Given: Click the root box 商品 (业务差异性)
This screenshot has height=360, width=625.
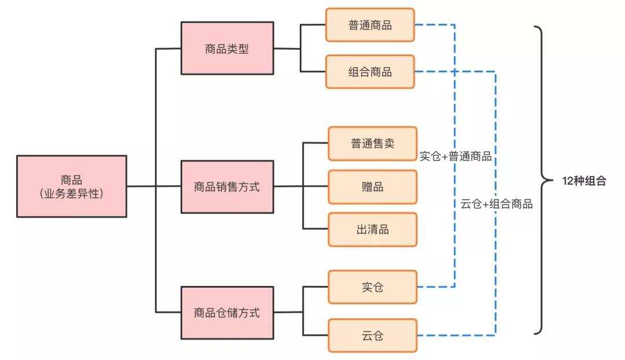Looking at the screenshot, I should pos(72,186).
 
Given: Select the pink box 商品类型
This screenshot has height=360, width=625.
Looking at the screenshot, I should pos(227,49).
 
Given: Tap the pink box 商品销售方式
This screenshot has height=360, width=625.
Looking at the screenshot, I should pos(227,187).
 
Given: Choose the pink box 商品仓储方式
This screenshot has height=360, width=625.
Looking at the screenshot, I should pos(227,313).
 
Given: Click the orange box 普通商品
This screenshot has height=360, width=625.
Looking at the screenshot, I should pos(370,25).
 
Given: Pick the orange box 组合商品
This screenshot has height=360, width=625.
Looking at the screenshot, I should pos(370,72).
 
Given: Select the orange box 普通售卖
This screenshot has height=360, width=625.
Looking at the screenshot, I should pos(373,144).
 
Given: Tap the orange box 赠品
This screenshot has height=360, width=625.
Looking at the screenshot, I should pos(373,187).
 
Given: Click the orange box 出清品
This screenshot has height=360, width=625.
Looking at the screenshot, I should pos(373,230).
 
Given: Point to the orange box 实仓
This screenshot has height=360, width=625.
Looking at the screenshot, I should pos(373,287).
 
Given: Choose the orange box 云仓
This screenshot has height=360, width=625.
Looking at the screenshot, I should pos(373,335).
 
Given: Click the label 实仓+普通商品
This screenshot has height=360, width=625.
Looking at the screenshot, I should pos(455,156).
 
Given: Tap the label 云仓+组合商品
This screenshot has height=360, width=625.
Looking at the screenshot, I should pos(497,204).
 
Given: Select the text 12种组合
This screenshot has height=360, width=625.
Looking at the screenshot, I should pos(584,181).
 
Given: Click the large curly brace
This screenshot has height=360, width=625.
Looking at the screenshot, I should pos(542,180).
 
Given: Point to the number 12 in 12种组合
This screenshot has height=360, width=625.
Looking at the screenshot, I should pos(568,181).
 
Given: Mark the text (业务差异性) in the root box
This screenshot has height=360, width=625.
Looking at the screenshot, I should pos(72,194).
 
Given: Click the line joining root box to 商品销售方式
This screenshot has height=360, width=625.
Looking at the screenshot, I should pos(154,186).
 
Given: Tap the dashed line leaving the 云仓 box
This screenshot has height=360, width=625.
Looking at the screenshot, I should pos(457,335).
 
